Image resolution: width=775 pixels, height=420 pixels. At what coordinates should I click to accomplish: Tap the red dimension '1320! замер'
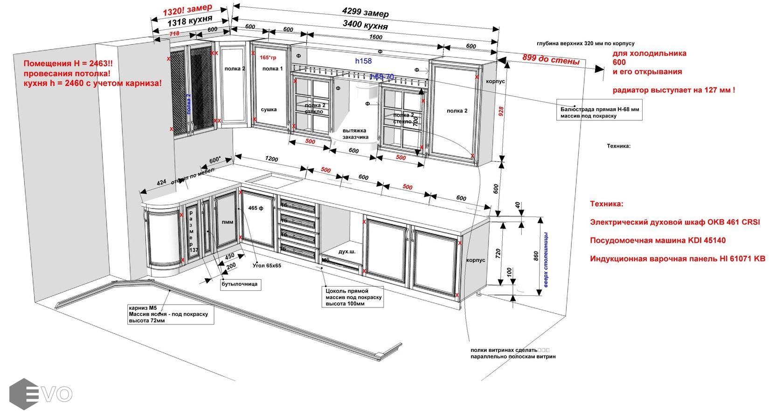point(187,10)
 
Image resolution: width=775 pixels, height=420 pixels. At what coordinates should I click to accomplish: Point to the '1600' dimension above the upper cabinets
point(375,37)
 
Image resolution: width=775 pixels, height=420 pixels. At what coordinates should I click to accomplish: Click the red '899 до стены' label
point(551,59)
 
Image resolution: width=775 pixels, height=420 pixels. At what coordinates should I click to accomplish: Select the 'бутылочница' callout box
point(240,284)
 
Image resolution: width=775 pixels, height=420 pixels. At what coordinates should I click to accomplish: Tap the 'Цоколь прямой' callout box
point(353,297)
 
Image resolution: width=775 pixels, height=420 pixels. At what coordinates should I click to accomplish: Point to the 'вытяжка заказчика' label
point(355,134)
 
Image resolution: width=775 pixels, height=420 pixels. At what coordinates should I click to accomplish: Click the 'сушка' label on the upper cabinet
point(269,110)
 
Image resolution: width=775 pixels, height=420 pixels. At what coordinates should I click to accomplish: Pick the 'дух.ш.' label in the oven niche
point(347,251)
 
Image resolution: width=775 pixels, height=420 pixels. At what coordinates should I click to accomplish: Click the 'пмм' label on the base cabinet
point(228,222)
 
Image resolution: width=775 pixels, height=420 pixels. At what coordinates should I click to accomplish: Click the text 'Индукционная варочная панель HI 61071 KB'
point(677,259)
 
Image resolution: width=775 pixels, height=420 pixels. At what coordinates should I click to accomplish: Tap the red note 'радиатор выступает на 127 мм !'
point(673,90)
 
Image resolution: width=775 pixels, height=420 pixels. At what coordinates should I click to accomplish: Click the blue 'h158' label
point(363,61)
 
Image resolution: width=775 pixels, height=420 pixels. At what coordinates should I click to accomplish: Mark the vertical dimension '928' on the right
point(501,111)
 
